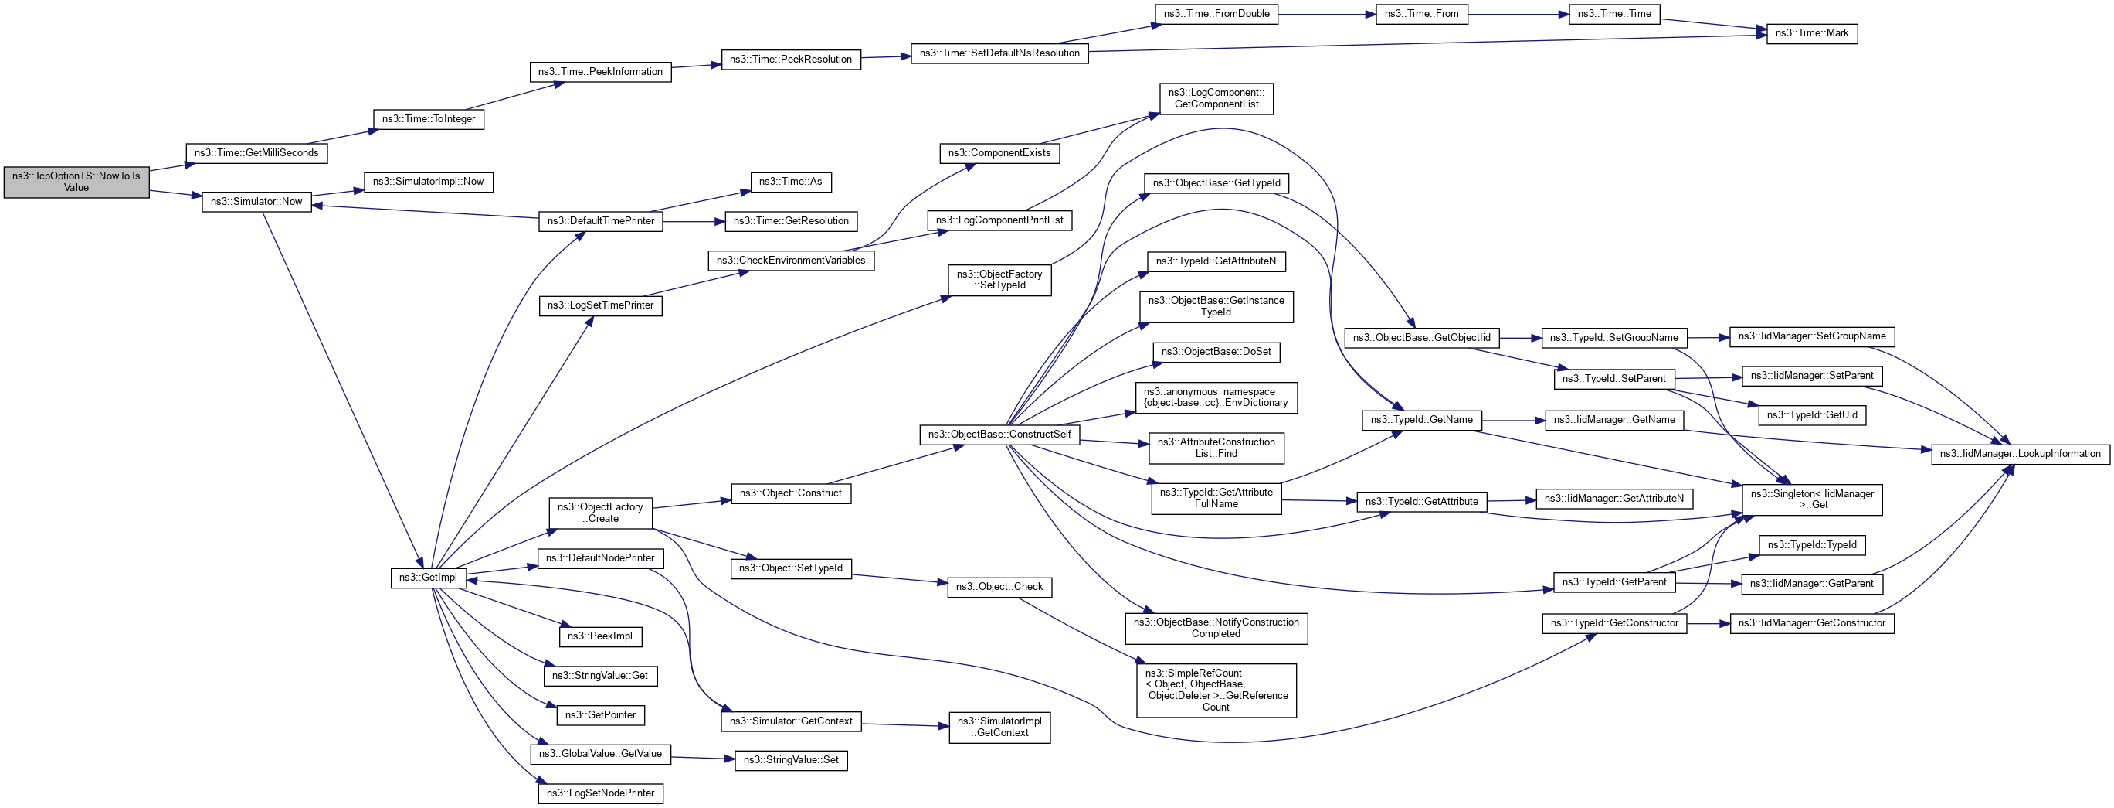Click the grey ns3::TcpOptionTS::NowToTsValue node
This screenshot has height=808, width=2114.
(76, 182)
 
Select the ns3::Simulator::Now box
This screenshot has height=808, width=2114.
(256, 202)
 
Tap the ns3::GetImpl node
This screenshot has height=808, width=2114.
(428, 578)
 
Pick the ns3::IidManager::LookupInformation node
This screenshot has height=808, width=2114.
(2020, 454)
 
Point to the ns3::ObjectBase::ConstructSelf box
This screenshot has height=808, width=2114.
(999, 435)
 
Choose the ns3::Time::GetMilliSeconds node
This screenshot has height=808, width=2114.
(256, 154)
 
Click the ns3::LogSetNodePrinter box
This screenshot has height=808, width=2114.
(601, 793)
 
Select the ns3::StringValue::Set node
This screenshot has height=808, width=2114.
(790, 760)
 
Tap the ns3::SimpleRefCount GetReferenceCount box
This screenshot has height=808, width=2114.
(1216, 690)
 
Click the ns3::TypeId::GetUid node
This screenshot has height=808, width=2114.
(1811, 415)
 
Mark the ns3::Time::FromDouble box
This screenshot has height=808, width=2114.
(1216, 14)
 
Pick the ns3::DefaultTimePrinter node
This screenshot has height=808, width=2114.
(601, 221)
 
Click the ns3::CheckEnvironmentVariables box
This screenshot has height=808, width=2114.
(790, 261)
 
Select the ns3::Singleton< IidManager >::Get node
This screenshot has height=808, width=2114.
(1811, 499)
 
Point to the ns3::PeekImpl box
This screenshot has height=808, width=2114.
(600, 636)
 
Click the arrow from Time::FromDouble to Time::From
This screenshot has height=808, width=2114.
(1326, 14)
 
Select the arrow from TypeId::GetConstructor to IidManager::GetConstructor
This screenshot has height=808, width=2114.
(1708, 623)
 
